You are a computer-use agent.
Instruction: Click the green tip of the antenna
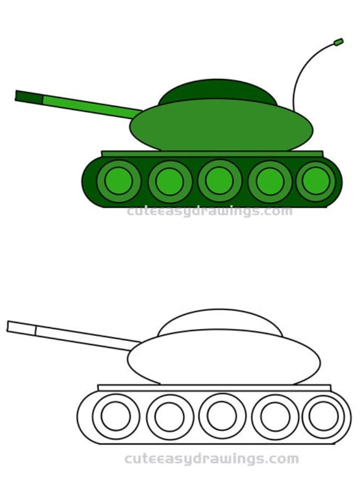338,41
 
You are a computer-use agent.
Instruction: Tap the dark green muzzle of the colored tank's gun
29,96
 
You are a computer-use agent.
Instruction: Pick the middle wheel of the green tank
219,180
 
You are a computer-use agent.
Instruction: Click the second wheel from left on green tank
170,181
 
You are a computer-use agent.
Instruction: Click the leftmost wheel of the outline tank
115,416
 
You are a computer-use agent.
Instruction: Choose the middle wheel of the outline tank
222,416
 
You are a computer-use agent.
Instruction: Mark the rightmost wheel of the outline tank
323,416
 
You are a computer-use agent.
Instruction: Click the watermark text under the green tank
209,211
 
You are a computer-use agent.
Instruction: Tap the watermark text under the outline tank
211,458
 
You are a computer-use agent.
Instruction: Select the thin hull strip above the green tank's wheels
212,153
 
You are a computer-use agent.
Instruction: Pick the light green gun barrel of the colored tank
90,106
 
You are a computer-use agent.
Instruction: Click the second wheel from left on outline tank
169,416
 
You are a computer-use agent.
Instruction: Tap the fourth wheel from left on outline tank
275,416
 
